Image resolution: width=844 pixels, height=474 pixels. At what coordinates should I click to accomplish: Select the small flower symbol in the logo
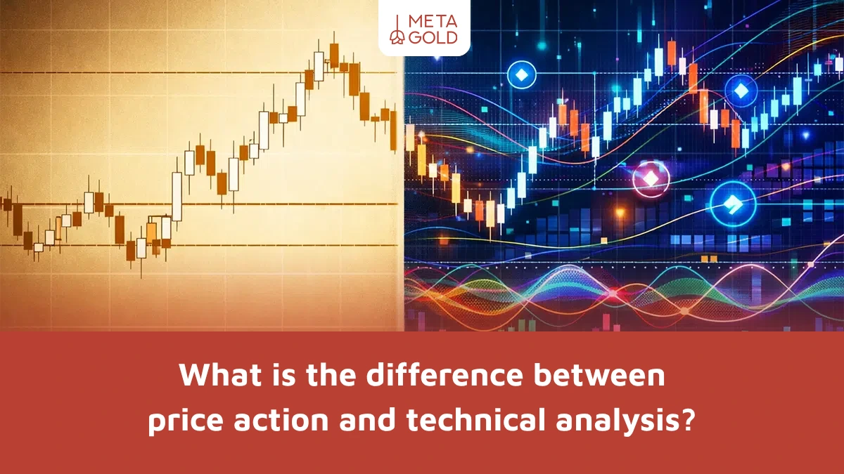click(x=398, y=37)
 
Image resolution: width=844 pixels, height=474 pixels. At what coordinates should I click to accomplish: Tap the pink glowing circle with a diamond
click(x=651, y=179)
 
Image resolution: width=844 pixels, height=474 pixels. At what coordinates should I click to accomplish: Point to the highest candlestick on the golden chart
click(x=333, y=53)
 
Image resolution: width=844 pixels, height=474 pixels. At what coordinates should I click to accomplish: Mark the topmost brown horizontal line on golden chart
click(x=197, y=72)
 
